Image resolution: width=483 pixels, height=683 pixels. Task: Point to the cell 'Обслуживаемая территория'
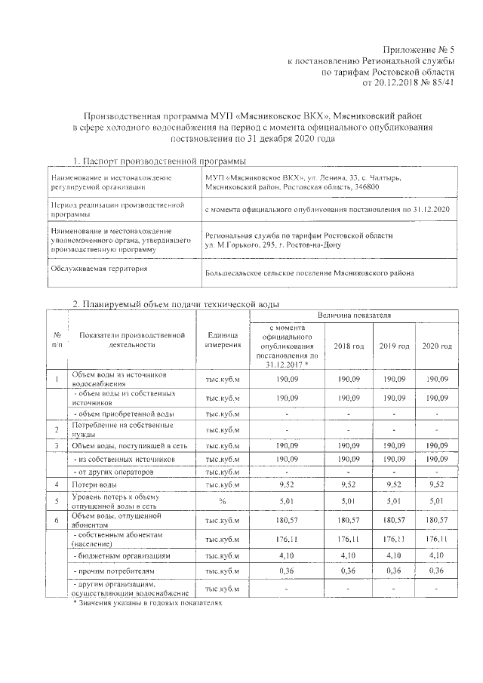point(99,268)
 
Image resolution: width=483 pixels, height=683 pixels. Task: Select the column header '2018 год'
point(349,346)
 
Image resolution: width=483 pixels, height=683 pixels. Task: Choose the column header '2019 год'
point(393,346)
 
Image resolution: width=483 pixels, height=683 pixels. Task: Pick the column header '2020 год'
point(437,346)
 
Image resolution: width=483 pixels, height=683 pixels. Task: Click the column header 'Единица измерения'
point(222,340)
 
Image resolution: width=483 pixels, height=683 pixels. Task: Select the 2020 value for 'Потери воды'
point(437,483)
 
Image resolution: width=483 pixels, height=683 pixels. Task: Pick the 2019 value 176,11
point(393,539)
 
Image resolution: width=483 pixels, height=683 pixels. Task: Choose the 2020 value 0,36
point(437,571)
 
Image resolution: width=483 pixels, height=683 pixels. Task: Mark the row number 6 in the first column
point(57,519)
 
